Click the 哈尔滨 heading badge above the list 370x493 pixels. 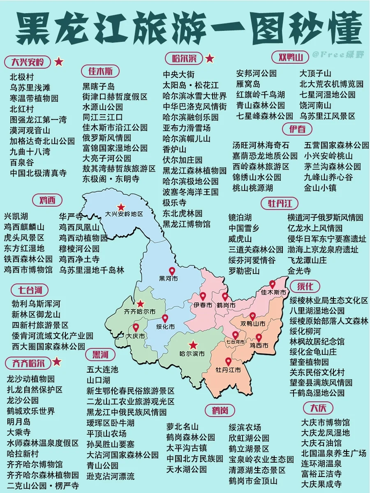(184, 58)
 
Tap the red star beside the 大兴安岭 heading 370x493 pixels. (59, 62)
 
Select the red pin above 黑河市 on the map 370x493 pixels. (172, 271)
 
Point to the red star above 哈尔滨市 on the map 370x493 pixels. (193, 346)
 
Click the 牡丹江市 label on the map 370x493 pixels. (228, 370)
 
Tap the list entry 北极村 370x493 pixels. (22, 77)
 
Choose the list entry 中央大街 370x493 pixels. (179, 74)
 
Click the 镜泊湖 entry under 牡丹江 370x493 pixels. (240, 217)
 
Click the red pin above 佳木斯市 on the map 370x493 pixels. (272, 284)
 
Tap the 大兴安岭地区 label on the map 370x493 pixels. (124, 214)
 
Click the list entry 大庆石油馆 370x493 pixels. (321, 443)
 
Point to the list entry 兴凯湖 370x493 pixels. (16, 216)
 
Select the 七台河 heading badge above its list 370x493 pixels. (30, 290)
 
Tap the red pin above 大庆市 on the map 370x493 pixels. (136, 328)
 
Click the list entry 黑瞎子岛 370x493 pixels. (99, 87)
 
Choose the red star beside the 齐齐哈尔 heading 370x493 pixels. (57, 362)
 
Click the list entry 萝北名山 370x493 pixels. (183, 426)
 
